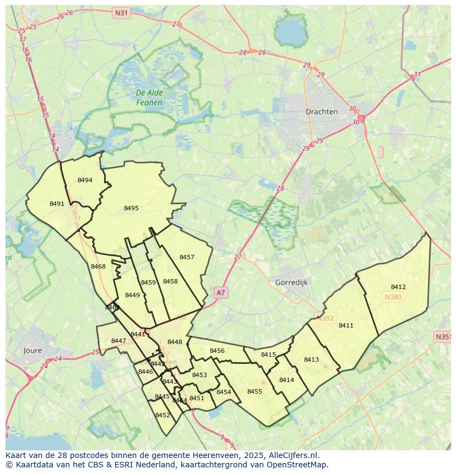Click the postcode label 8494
(85, 180)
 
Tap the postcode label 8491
(57, 204)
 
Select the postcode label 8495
(131, 208)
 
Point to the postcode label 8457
(187, 257)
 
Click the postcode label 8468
(98, 266)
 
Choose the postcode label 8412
(398, 287)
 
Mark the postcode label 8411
(346, 325)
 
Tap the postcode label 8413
(311, 359)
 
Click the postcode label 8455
(254, 391)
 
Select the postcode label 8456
(217, 351)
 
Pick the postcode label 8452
(162, 415)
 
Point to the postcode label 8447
(118, 341)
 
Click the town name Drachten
(322, 111)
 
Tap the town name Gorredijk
(291, 282)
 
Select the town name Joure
(32, 350)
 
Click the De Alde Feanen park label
(149, 98)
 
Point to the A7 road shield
(220, 293)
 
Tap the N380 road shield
(393, 297)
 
